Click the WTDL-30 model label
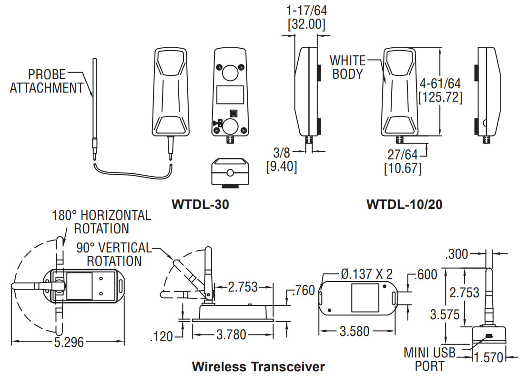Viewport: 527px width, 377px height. [200, 204]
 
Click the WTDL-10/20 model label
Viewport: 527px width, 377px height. [405, 204]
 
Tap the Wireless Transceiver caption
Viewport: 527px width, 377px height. [258, 366]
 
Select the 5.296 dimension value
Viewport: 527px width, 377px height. [69, 342]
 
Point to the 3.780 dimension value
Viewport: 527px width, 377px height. [232, 335]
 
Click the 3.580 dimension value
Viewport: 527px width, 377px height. [354, 332]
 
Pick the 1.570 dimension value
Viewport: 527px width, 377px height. [488, 357]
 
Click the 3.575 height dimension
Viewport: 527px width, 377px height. [445, 315]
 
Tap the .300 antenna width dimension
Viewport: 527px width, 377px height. [456, 254]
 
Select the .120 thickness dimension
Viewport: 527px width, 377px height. [162, 336]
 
